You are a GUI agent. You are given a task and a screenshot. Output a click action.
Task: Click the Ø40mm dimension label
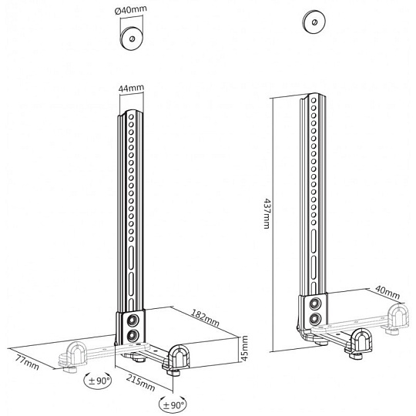tap(131, 10)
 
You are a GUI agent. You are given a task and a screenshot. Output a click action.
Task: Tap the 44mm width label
tap(131, 88)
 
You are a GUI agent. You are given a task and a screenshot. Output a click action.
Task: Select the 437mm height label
tap(267, 213)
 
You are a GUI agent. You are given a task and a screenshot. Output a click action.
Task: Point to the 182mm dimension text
tap(205, 317)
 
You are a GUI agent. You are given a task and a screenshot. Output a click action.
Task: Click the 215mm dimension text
tap(140, 383)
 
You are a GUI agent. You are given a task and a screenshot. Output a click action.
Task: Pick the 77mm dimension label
tap(27, 362)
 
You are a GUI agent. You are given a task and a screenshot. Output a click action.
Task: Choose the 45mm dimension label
tap(245, 348)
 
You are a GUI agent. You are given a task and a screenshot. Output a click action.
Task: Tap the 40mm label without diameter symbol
tap(387, 293)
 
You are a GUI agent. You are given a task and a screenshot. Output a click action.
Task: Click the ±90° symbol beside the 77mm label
tap(98, 381)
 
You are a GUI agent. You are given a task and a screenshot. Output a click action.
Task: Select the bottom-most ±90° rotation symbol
tap(173, 404)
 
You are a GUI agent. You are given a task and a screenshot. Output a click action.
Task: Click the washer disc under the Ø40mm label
tap(132, 39)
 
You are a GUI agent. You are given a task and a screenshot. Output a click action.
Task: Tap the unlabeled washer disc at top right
tap(314, 22)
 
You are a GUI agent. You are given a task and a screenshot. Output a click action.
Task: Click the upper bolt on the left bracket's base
tap(132, 320)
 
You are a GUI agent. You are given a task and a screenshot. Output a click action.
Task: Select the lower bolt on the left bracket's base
tap(132, 336)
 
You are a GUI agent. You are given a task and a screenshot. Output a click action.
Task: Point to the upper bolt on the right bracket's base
tap(315, 304)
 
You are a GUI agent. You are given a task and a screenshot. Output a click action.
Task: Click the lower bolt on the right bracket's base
tap(315, 319)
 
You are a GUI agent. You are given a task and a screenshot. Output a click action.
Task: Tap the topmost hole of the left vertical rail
tap(131, 117)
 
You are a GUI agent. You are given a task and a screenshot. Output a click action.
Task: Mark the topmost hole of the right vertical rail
tap(314, 100)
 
